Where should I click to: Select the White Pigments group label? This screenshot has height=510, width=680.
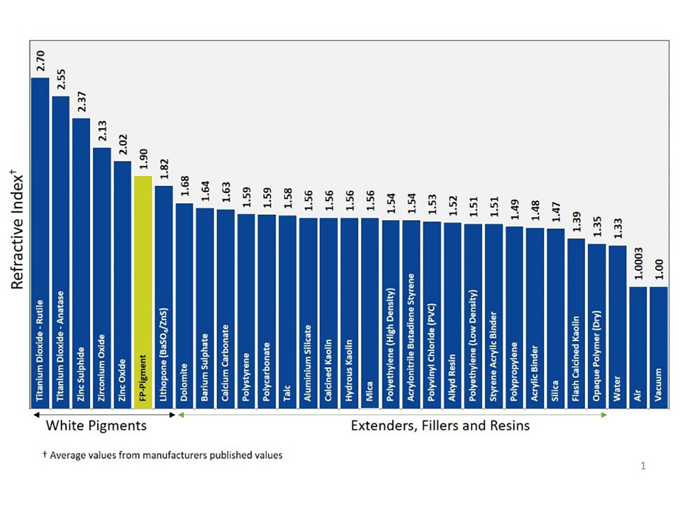(x=96, y=426)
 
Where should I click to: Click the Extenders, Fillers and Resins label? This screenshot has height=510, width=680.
(x=440, y=426)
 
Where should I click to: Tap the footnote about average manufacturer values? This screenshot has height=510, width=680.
(x=163, y=455)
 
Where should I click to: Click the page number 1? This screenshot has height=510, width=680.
(x=643, y=465)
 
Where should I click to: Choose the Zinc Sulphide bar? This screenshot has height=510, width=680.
(x=81, y=261)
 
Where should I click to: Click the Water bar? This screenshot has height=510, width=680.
(x=617, y=325)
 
